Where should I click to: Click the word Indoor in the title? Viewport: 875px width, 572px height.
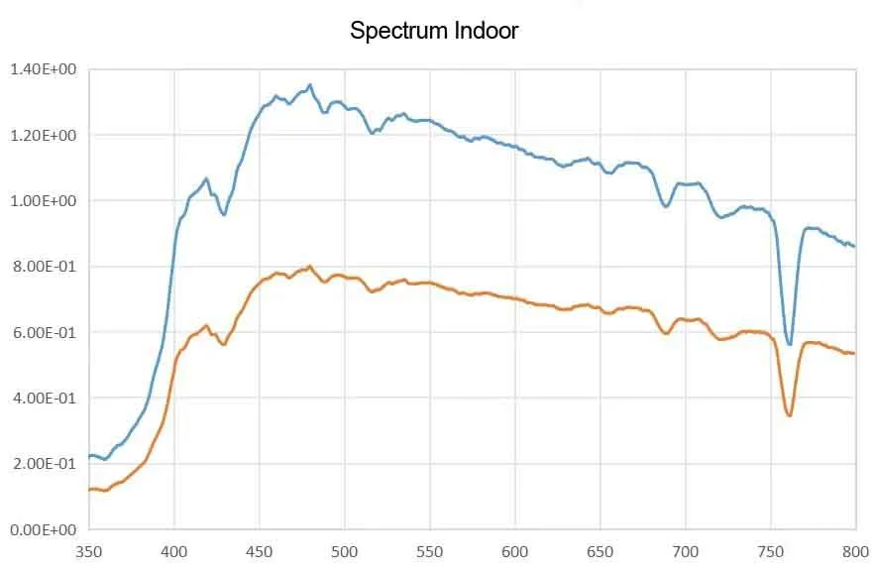coord(487,31)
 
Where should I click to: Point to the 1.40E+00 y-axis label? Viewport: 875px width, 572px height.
coord(43,69)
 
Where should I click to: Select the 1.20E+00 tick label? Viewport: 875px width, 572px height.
coord(43,135)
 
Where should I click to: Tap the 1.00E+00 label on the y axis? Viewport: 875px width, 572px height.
coord(43,200)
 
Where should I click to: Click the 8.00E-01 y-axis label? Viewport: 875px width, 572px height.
coord(43,267)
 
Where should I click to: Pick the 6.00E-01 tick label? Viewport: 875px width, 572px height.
coord(43,332)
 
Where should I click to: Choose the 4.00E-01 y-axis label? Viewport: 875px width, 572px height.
coord(43,398)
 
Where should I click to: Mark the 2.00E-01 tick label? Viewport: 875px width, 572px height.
coord(43,464)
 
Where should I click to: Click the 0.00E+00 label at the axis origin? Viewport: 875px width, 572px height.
coord(43,529)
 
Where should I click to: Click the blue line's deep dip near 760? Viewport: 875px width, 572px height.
coord(790,344)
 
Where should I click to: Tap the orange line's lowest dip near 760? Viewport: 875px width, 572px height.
coord(790,415)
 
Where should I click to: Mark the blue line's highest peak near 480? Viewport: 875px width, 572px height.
coord(310,85)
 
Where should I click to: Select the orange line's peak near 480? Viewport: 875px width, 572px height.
coord(310,267)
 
